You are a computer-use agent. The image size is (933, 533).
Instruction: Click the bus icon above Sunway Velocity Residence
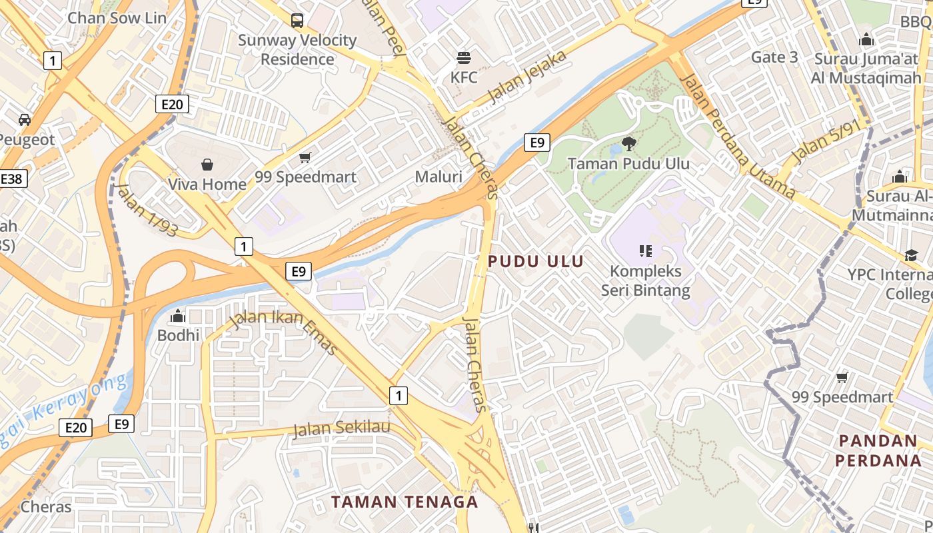(297, 21)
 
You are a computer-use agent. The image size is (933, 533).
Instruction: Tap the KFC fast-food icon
(464, 57)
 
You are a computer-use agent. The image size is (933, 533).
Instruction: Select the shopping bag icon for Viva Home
(207, 164)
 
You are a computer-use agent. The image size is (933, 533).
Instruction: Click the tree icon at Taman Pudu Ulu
(628, 143)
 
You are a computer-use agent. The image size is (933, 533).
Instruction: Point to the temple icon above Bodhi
(178, 315)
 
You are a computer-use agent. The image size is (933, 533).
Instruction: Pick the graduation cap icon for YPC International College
(911, 255)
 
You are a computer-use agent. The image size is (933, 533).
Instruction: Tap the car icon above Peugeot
(25, 120)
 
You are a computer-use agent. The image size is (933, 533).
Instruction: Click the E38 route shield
(12, 179)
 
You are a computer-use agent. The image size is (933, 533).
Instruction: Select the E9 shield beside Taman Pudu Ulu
(536, 142)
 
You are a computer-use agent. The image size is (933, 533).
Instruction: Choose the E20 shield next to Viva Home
(172, 104)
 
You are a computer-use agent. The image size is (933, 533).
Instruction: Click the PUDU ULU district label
(536, 262)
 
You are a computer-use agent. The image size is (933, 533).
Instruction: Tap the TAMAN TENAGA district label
(405, 502)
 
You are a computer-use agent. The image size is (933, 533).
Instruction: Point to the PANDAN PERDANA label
(878, 450)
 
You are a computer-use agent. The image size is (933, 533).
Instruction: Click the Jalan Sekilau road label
(341, 428)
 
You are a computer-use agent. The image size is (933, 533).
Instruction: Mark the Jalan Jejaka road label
(528, 76)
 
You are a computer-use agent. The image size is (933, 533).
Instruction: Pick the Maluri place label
(439, 177)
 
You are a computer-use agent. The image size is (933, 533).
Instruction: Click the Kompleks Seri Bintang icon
(645, 251)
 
